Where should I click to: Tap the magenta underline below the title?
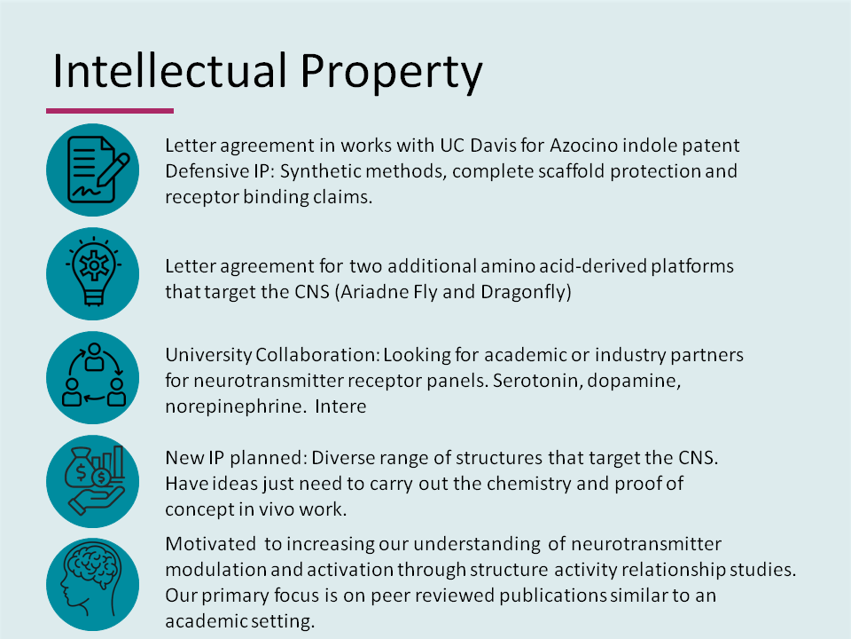pos(110,111)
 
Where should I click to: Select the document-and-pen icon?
pos(92,170)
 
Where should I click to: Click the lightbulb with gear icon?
pos(92,274)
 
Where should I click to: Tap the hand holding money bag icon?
pos(92,480)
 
